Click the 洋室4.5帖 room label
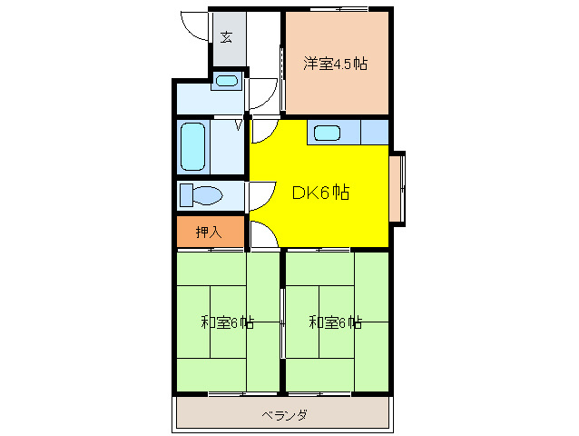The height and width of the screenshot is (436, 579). [x=335, y=64]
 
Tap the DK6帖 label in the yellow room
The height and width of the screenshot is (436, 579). [x=320, y=193]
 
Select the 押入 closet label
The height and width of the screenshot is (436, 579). [x=209, y=233]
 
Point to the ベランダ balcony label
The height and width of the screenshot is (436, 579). [x=284, y=416]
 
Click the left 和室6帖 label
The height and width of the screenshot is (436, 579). [x=227, y=322]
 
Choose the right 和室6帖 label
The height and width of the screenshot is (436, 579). [x=335, y=322]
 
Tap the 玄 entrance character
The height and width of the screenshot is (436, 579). [x=226, y=38]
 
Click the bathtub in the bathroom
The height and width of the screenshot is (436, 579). [x=192, y=147]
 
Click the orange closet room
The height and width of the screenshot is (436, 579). [x=210, y=233]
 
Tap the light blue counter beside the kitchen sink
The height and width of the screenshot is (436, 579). [x=373, y=133]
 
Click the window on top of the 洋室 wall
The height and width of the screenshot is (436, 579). [x=338, y=9]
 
